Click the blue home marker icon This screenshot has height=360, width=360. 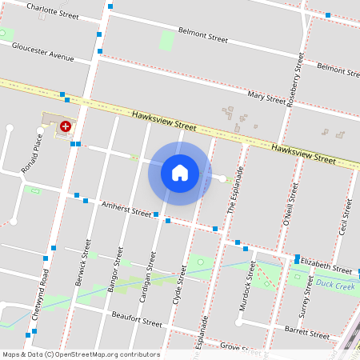point(180,173)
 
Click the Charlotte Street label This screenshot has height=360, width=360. point(53,10)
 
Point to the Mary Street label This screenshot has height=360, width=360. point(266,98)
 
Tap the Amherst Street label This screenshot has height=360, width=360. point(126,210)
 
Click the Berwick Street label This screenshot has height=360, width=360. point(82,255)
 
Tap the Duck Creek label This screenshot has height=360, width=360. point(334,284)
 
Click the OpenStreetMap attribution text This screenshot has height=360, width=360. point(82,354)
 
